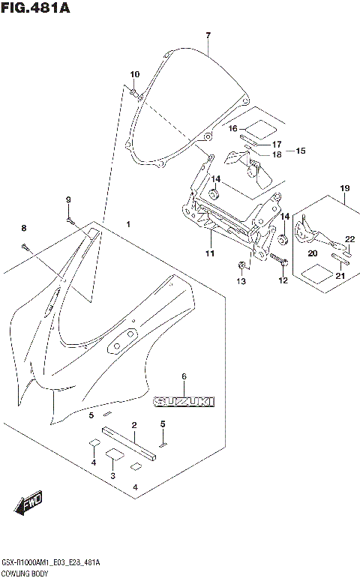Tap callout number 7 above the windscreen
pyautogui.click(x=208, y=35)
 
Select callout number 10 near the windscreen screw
pyautogui.click(x=135, y=74)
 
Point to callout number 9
pyautogui.click(x=67, y=199)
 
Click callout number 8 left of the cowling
pyautogui.click(x=23, y=228)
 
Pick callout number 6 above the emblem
pyautogui.click(x=184, y=376)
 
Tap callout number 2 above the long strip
pyautogui.click(x=133, y=426)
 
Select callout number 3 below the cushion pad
pyautogui.click(x=113, y=476)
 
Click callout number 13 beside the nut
pyautogui.click(x=241, y=281)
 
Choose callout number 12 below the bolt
pyautogui.click(x=283, y=281)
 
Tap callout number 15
pyautogui.click(x=300, y=151)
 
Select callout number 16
pyautogui.click(x=233, y=128)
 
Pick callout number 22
pyautogui.click(x=349, y=239)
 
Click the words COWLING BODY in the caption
pyautogui.click(x=25, y=571)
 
